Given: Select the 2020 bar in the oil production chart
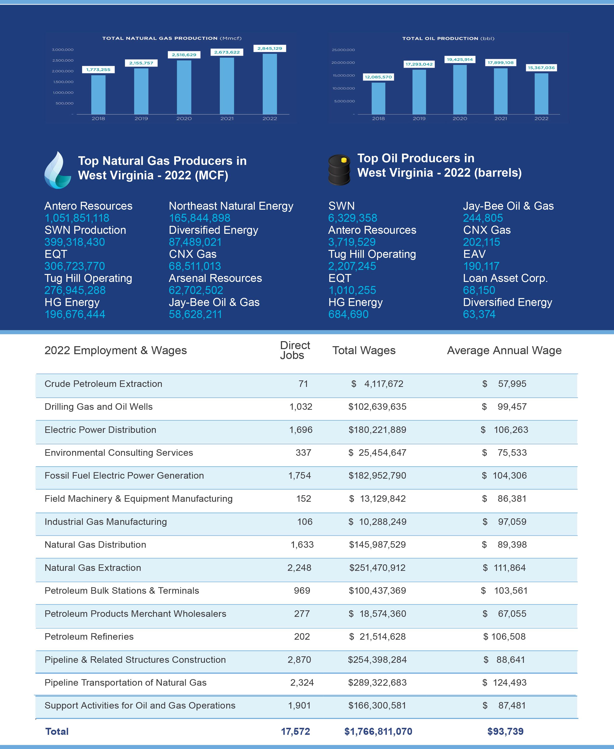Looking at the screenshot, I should (460, 90).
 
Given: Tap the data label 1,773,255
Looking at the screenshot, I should (98, 70).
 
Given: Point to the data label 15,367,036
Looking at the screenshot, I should (541, 68).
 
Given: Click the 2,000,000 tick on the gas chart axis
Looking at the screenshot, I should (63, 71).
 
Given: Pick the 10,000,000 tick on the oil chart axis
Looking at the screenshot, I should (343, 88).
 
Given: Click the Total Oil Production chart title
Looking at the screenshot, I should (448, 39).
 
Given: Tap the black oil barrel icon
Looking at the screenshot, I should (339, 169).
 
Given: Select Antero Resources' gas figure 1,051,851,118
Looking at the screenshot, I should (77, 218).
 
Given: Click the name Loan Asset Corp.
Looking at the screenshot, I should (505, 278).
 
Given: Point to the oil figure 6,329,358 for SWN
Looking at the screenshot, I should (353, 218).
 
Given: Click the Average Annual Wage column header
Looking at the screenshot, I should (504, 351).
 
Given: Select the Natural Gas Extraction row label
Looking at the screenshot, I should (93, 567).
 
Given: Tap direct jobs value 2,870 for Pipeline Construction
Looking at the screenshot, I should (299, 659).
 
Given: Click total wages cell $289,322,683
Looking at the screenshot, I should (377, 683).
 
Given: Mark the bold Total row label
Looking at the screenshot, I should (57, 731).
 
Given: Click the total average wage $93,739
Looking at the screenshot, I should (505, 731).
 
